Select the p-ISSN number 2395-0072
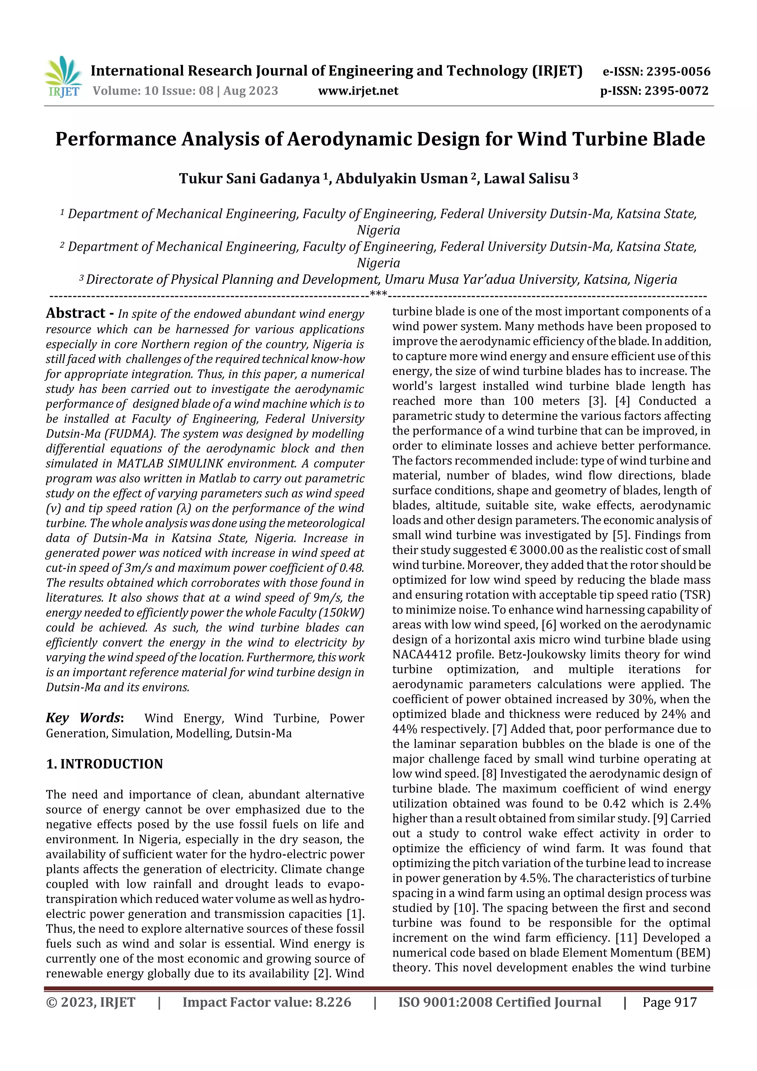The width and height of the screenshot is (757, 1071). [x=676, y=91]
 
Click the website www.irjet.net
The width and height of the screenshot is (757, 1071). [x=358, y=91]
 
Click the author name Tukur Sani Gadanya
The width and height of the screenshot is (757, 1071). [x=249, y=179]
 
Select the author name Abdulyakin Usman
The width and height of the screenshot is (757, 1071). [x=401, y=179]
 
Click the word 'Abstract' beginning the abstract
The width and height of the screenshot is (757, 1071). [x=75, y=313]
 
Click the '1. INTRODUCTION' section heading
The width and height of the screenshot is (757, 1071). [x=105, y=764]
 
